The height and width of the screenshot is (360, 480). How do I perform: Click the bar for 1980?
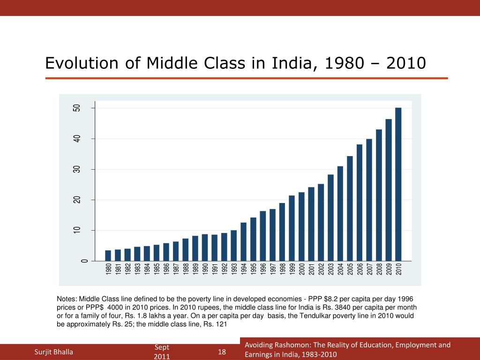(108, 255)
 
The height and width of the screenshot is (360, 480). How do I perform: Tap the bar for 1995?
(253, 239)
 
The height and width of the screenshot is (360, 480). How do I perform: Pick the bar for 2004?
(340, 213)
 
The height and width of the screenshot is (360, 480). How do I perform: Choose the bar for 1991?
(215, 247)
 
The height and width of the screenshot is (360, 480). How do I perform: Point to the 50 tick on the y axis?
(77, 108)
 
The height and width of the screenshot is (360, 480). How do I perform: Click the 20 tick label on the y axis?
(77, 200)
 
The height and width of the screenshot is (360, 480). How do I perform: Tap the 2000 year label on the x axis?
(301, 270)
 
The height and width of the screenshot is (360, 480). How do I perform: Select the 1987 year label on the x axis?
(176, 270)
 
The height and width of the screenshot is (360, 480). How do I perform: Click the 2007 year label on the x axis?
(369, 270)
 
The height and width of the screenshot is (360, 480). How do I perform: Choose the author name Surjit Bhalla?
(54, 352)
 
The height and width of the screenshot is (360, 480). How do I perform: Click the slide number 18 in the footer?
(222, 352)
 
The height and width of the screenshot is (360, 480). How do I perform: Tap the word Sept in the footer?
(162, 347)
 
